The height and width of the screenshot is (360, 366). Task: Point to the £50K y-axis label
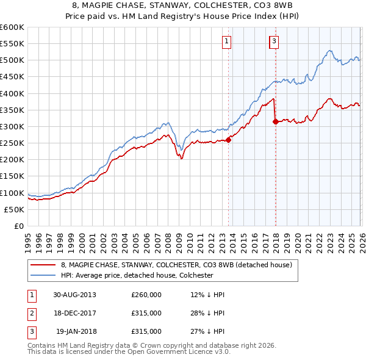pyautogui.click(x=13, y=209)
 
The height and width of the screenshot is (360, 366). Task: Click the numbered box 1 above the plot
pyautogui.click(x=226, y=41)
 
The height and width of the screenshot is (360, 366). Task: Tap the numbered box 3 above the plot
pyautogui.click(x=274, y=41)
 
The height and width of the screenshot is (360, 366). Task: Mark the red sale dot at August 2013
pyautogui.click(x=229, y=140)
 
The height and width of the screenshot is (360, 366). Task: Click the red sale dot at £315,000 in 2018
pyautogui.click(x=276, y=121)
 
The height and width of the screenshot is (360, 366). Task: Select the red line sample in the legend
pyautogui.click(x=43, y=265)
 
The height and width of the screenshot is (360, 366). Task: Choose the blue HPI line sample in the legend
pyautogui.click(x=43, y=275)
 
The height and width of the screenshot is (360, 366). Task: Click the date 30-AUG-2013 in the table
pyautogui.click(x=74, y=295)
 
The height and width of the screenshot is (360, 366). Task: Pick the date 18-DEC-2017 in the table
pyautogui.click(x=74, y=313)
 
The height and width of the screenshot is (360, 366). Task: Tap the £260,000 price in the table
pyautogui.click(x=146, y=295)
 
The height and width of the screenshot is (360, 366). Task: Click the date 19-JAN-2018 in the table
pyautogui.click(x=76, y=331)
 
